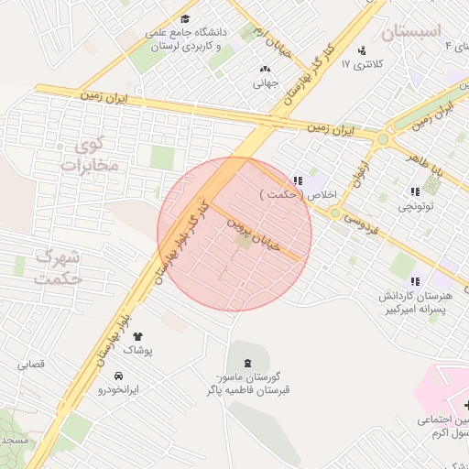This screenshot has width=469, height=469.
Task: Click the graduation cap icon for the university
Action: pyautogui.click(x=186, y=18)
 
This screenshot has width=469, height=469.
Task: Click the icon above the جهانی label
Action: pyautogui.click(x=266, y=69)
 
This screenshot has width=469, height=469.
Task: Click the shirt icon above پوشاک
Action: pyautogui.click(x=137, y=337)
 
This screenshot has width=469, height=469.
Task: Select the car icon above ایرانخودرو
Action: pyautogui.click(x=119, y=376)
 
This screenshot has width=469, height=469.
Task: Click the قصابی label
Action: pyautogui.click(x=31, y=365)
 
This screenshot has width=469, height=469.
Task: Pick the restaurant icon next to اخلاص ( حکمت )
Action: pyautogui.click(x=297, y=180)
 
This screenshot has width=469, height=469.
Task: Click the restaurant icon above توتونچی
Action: pyautogui.click(x=416, y=192)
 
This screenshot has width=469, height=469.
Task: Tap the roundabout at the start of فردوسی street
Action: pyautogui.click(x=335, y=213)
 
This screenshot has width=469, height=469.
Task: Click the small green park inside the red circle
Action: pyautogui.click(x=244, y=242)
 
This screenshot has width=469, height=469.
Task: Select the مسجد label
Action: pyautogui.click(x=15, y=441)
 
